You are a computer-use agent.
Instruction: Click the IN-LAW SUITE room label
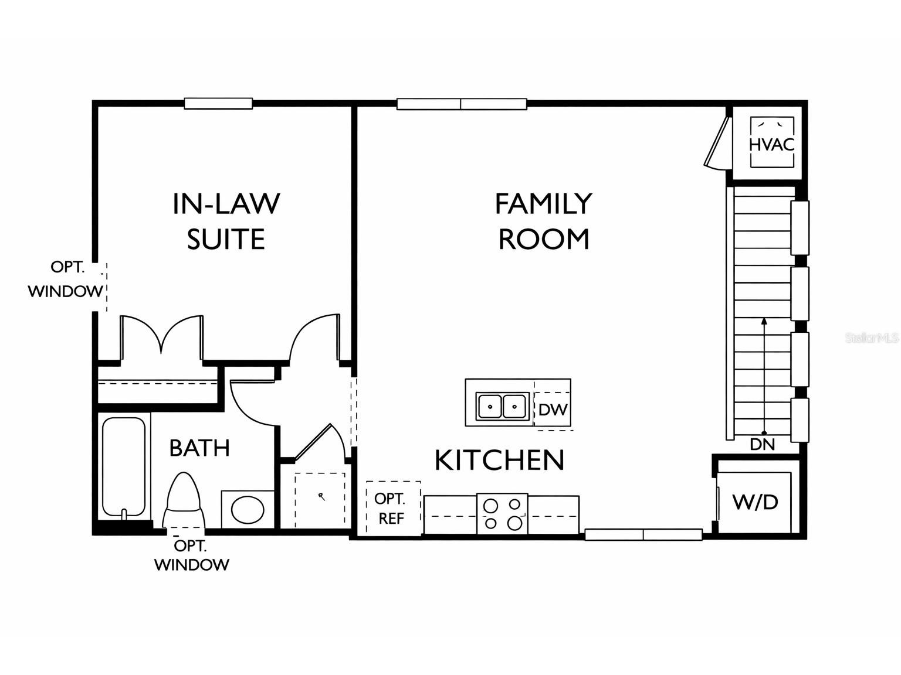pos(226,221)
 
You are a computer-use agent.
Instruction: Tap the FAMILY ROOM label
pos(543,221)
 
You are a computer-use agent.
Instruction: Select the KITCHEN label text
pos(499,461)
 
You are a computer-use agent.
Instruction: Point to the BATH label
pos(199,448)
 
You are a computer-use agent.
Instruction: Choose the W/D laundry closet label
pos(756,502)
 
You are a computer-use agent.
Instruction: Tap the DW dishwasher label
pos(553,410)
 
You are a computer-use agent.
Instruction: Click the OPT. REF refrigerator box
pos(392,508)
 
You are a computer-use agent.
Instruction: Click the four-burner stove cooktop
pos(502,514)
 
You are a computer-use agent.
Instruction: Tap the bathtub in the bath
pos(123,467)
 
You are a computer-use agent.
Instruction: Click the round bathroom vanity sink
pos(248,510)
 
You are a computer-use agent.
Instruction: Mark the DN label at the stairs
pos(763,445)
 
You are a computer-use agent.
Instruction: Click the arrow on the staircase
pos(764,375)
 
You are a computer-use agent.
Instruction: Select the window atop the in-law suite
pos(218,104)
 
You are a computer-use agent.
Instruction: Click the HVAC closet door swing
pos(717,144)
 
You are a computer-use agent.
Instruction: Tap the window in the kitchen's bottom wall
pos(643,534)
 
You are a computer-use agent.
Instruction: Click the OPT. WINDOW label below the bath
pos(192,555)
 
